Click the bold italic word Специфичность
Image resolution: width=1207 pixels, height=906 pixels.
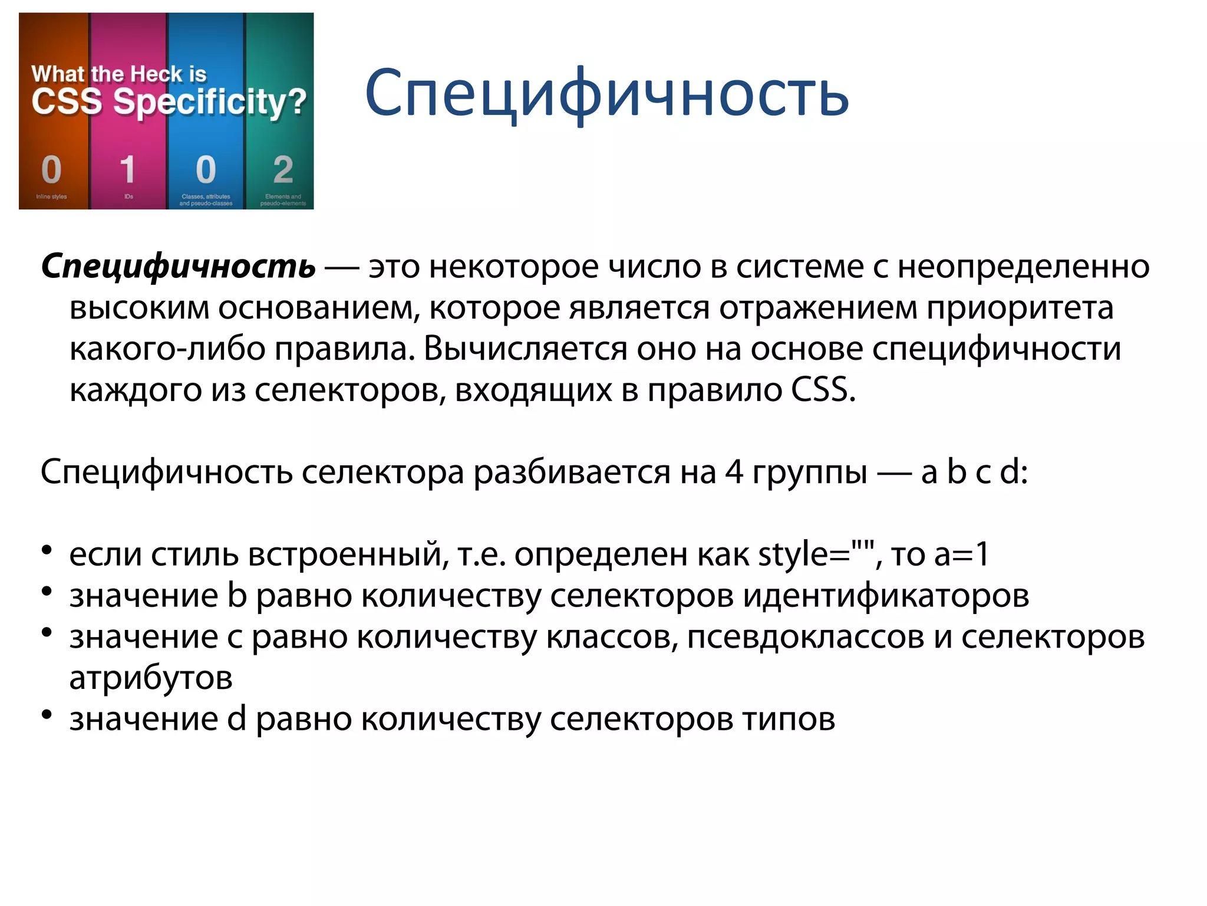tap(178, 267)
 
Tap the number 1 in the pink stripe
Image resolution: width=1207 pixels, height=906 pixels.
tap(127, 170)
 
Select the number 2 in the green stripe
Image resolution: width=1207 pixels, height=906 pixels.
tap(283, 170)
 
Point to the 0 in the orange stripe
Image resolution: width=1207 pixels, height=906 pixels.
tap(51, 170)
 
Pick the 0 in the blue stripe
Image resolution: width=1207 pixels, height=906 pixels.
tap(206, 170)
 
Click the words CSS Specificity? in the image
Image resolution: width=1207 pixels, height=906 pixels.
tap(169, 101)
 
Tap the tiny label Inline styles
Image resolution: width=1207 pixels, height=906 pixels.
tap(51, 196)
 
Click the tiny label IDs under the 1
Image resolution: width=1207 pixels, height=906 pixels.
tap(128, 196)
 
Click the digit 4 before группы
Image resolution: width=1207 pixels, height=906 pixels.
tap(734, 472)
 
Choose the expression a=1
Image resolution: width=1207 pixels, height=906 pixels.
tap(961, 554)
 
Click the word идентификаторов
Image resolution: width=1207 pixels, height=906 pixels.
tap(886, 596)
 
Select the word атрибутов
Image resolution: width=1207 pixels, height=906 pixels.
tap(151, 678)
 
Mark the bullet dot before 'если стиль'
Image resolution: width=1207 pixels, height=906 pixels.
tap(47, 551)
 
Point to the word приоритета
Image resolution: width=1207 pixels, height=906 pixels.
tap(1020, 307)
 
